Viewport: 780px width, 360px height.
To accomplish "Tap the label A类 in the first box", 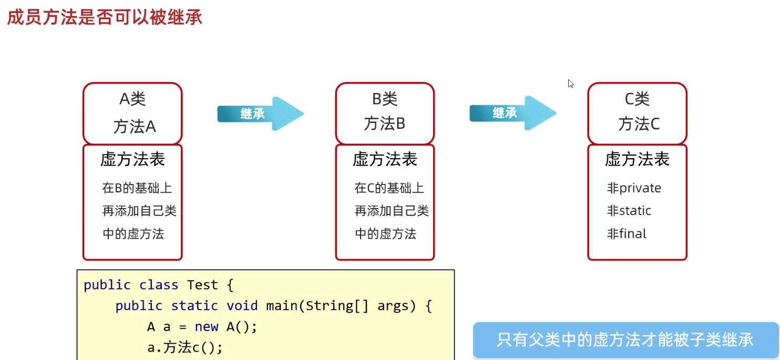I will (x=132, y=99).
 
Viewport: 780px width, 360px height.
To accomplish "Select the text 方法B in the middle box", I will (x=385, y=124).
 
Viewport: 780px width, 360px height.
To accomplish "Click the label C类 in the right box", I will (x=637, y=99).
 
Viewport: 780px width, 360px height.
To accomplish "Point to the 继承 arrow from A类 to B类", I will (x=260, y=114).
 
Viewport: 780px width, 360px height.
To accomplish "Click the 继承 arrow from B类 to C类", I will (x=512, y=113).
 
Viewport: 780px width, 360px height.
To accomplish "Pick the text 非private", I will (x=634, y=188).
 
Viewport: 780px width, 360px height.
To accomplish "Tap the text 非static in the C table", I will (x=629, y=211).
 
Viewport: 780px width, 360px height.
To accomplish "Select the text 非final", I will (x=627, y=234).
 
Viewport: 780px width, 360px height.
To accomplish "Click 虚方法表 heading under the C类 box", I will (x=637, y=159).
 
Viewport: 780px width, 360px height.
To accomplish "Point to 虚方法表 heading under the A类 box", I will (x=132, y=159).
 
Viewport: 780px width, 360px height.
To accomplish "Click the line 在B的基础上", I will (x=137, y=188).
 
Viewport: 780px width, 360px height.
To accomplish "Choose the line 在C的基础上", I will (x=389, y=188).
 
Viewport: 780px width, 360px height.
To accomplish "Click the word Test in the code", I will (x=202, y=285).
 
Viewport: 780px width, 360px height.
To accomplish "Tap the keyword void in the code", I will (x=242, y=306).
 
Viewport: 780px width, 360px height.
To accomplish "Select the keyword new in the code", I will (x=206, y=327).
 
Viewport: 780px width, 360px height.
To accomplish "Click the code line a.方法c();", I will (x=185, y=347).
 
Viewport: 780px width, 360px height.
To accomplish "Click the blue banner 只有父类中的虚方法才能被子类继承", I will (x=625, y=340).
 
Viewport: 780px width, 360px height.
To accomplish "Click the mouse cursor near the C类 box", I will (x=571, y=83).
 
